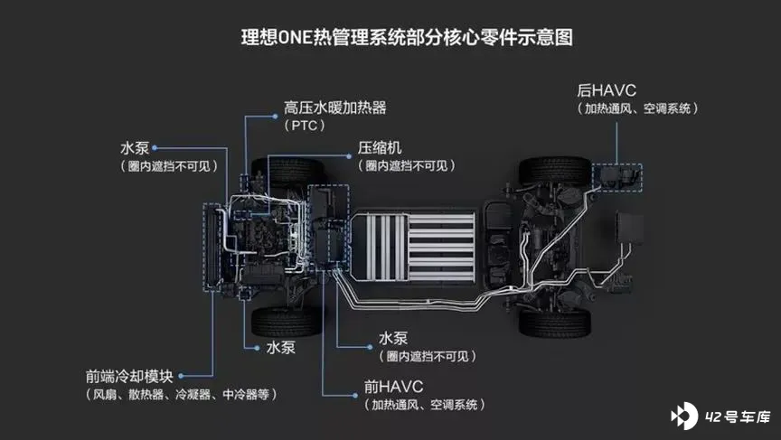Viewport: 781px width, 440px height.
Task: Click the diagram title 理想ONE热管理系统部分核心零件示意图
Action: [407, 37]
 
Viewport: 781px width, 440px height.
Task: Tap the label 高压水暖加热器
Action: [335, 108]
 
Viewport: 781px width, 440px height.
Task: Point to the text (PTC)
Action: [305, 126]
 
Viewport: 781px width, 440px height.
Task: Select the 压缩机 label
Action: [380, 148]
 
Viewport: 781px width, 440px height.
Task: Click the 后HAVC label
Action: [607, 90]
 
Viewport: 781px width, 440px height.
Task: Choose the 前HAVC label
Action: [393, 387]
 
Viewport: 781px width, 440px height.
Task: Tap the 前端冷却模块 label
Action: [129, 376]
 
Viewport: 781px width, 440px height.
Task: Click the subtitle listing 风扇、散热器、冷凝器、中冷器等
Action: [181, 395]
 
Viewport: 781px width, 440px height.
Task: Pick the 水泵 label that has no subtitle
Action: [280, 348]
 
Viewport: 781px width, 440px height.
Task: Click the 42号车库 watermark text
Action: [738, 417]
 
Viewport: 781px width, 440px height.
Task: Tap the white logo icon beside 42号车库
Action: [684, 416]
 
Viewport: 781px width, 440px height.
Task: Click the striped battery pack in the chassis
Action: [413, 248]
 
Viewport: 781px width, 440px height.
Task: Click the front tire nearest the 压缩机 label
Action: [287, 172]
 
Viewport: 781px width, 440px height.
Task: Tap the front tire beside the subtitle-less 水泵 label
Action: [287, 322]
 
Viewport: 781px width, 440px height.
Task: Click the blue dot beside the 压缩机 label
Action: [349, 156]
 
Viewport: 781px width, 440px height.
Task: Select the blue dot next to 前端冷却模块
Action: [181, 376]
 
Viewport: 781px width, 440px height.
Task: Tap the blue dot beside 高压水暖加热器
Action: [275, 117]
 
